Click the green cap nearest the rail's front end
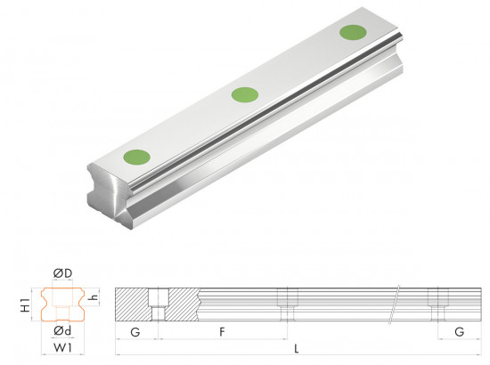click(x=137, y=157)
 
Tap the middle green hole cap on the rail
click(x=245, y=95)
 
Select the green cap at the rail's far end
click(x=353, y=32)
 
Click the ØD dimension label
click(x=63, y=273)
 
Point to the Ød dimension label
click(x=62, y=330)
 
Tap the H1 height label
click(x=25, y=305)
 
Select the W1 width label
click(x=63, y=347)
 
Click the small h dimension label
click(x=94, y=297)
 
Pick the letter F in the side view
click(x=222, y=331)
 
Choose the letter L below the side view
click(x=297, y=348)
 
